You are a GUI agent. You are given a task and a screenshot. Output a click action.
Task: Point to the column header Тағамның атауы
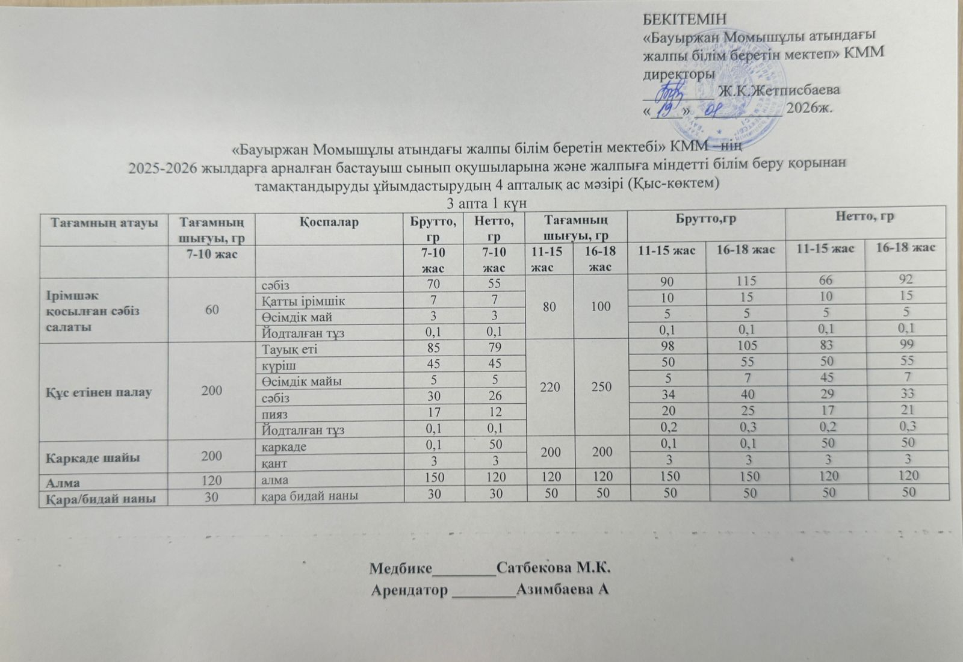point(104,222)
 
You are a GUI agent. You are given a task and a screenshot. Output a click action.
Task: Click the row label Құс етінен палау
point(100,392)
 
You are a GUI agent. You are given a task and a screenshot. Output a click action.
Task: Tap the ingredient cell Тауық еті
point(286,348)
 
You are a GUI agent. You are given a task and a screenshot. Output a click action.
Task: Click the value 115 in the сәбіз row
point(745,280)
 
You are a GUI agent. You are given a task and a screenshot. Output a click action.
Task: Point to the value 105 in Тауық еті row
point(745,345)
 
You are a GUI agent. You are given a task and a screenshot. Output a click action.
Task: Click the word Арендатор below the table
point(409,590)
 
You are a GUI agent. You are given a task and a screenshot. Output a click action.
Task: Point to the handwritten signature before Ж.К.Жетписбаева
point(670,93)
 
